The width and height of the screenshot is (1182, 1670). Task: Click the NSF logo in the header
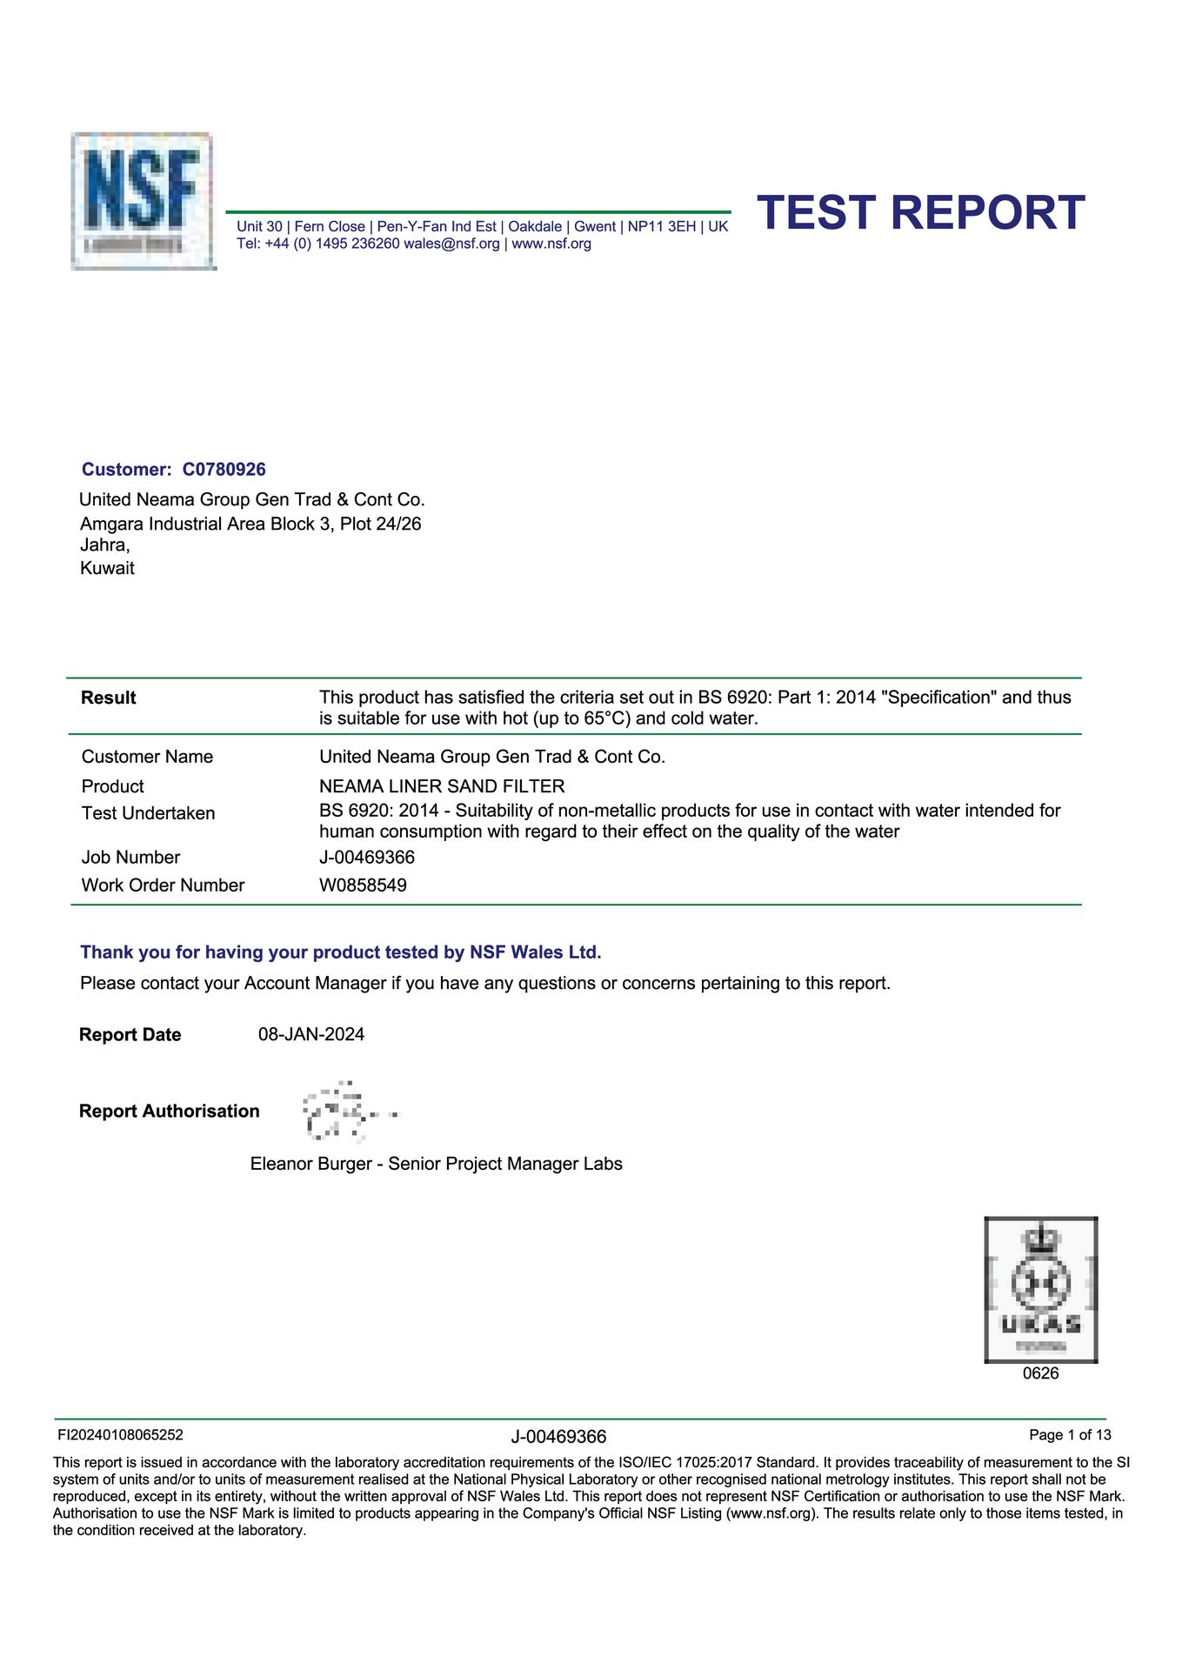143,201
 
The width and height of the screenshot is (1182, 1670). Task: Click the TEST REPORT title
920,213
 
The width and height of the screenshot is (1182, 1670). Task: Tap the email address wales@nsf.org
451,244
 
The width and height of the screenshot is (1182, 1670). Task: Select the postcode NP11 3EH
662,227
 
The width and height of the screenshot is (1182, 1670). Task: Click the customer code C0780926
224,470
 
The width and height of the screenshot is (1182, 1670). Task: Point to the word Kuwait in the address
107,569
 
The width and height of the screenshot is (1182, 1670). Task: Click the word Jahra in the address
104,545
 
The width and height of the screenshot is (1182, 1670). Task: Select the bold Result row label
109,698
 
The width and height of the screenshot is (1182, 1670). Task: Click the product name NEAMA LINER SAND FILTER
442,786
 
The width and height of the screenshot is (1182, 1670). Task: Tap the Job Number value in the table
367,858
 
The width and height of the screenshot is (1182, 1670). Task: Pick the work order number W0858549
363,885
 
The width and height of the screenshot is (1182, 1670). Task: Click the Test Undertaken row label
148,813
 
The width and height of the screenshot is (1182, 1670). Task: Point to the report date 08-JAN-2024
311,1035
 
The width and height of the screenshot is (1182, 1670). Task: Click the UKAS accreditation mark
1040,1289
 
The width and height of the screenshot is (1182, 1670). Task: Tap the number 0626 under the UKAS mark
1040,1374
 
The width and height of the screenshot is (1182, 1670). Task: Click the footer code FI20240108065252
120,1435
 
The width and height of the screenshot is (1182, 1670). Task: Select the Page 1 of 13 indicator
1070,1435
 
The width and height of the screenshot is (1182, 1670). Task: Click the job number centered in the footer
558,1437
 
